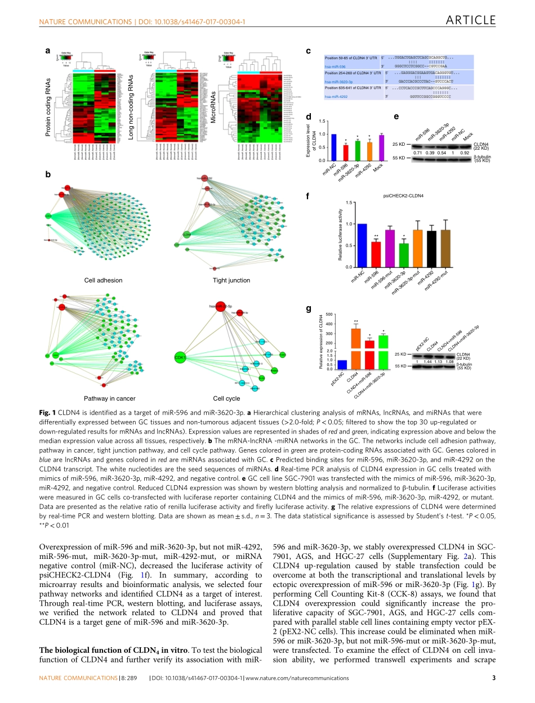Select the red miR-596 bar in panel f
coord(376,254)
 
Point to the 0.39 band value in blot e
coord(430,153)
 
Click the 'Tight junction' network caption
coord(231,280)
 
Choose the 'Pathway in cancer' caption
coord(110,398)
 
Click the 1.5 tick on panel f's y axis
coord(349,203)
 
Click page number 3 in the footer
coord(494,678)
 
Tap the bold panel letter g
coord(308,310)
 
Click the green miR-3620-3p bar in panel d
coord(357,151)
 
